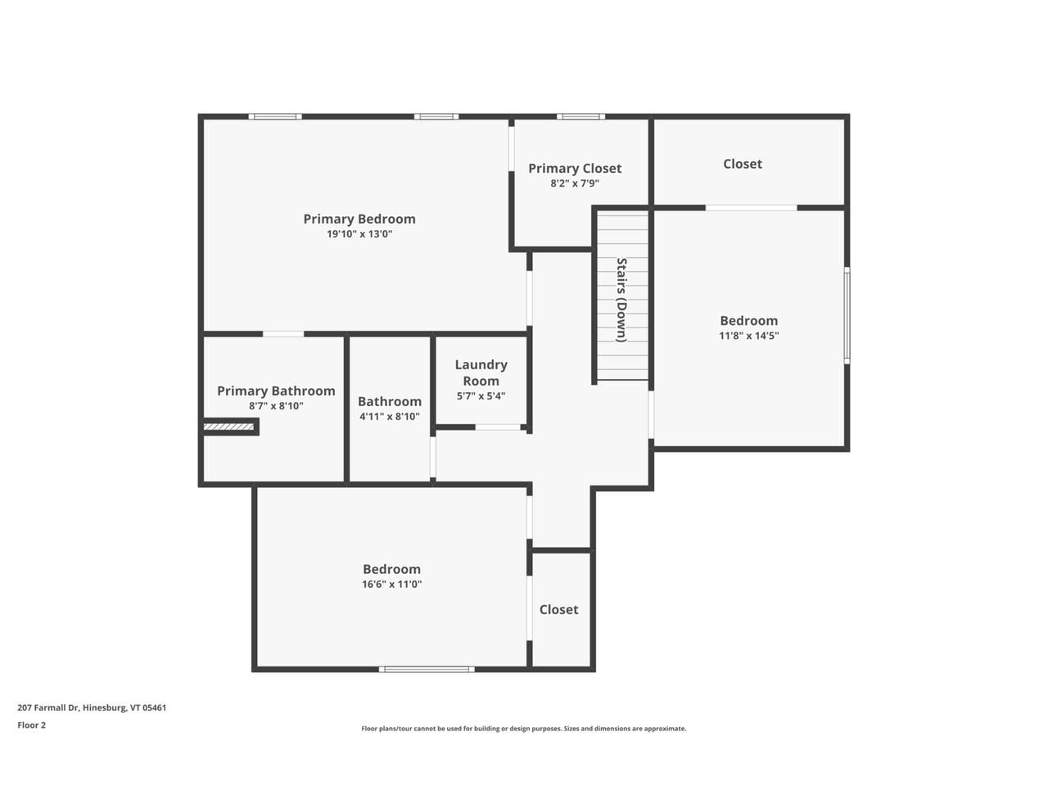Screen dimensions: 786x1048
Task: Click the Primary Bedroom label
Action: (359, 219)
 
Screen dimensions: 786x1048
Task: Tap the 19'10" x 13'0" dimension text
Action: (359, 234)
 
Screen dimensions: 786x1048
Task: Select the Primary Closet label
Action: (574, 168)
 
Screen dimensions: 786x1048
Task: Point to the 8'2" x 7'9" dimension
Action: (574, 183)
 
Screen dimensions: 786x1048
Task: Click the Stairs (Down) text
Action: (621, 300)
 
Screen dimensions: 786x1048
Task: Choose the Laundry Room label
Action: (481, 373)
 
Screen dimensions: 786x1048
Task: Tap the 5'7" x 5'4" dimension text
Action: (481, 396)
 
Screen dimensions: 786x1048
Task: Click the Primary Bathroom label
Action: (276, 391)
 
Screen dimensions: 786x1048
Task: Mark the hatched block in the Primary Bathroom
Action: (230, 427)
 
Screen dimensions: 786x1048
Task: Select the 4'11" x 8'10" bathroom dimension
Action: (390, 417)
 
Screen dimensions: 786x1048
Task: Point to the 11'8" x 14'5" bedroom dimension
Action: (748, 336)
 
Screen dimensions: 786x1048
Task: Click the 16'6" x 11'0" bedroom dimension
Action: (391, 585)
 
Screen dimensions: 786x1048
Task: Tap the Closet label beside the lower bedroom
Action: (558, 609)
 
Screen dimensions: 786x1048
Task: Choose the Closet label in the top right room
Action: (742, 164)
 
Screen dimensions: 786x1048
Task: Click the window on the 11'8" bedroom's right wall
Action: (847, 314)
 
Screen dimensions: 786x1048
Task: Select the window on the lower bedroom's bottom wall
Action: (427, 670)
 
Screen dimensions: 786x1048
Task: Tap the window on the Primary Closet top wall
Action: (581, 117)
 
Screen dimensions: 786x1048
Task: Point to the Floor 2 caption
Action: (32, 725)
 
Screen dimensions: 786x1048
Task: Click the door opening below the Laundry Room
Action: (498, 427)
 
